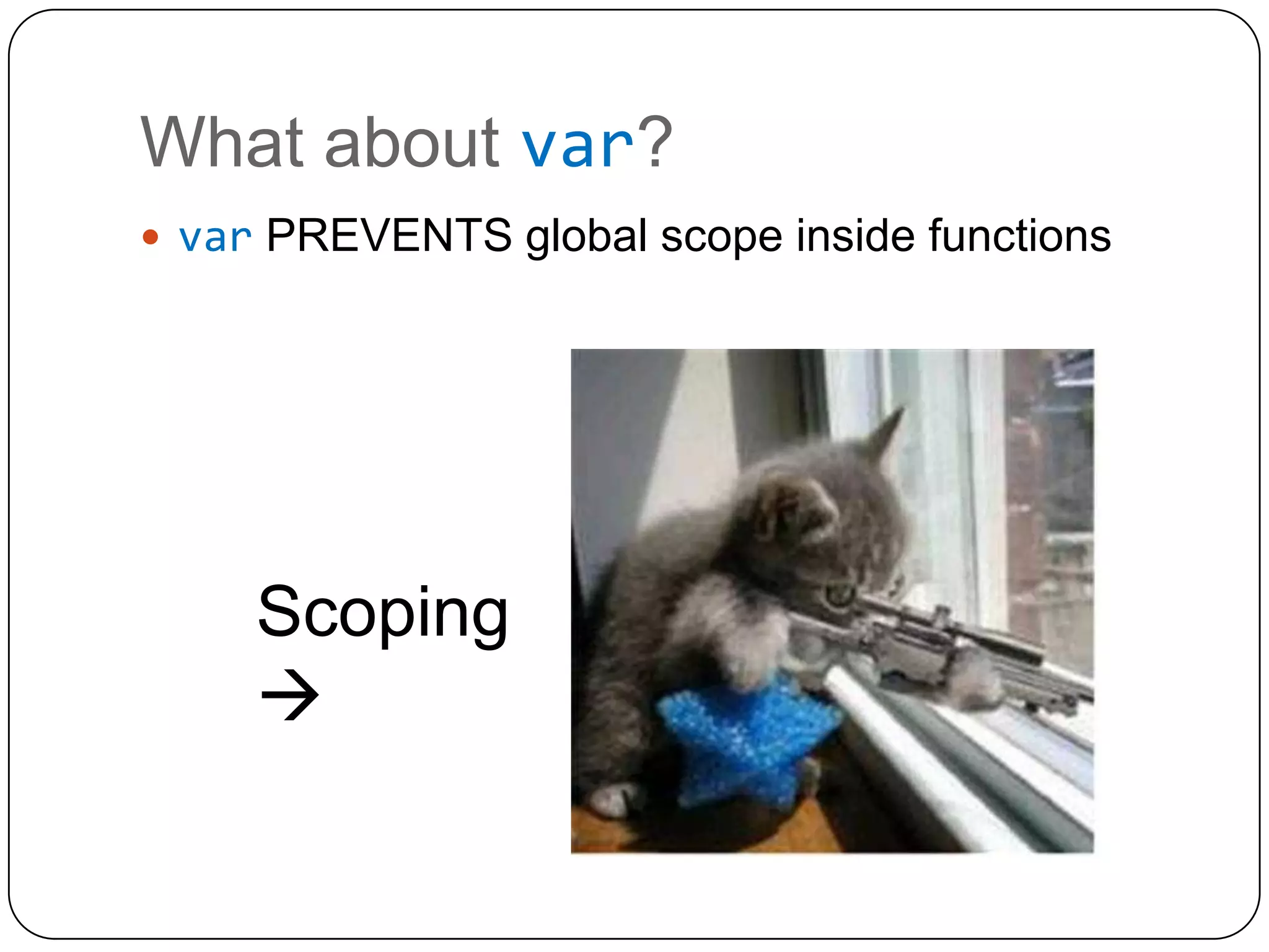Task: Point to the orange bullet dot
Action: click(x=150, y=237)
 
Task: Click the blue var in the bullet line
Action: click(x=215, y=238)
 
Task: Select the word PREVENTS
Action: click(x=389, y=236)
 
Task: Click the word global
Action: click(x=586, y=238)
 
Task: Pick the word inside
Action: click(x=855, y=236)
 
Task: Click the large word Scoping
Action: click(x=382, y=614)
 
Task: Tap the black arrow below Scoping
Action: click(x=290, y=695)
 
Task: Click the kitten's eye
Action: click(x=839, y=596)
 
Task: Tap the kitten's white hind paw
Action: click(x=610, y=800)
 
